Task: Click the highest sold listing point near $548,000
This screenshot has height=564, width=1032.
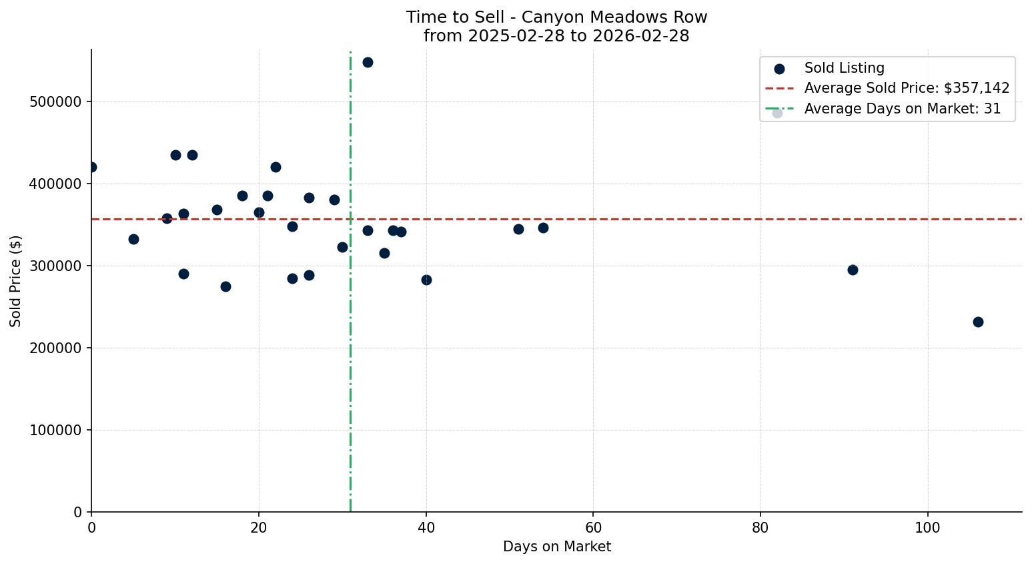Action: pyautogui.click(x=368, y=63)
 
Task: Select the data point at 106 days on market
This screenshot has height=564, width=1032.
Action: pyautogui.click(x=978, y=322)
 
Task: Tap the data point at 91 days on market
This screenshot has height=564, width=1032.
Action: pyautogui.click(x=853, y=270)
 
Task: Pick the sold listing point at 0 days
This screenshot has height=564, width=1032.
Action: pyautogui.click(x=91, y=167)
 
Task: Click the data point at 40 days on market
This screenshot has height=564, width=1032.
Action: pyautogui.click(x=426, y=280)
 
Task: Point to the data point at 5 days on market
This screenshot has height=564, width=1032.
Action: pyautogui.click(x=133, y=239)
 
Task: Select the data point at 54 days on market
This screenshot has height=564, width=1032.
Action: pyautogui.click(x=543, y=228)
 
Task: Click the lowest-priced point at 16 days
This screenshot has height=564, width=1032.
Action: pyautogui.click(x=225, y=286)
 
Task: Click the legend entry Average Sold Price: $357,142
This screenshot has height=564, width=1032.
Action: pyautogui.click(x=907, y=88)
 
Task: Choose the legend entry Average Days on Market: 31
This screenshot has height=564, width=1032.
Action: pyautogui.click(x=902, y=109)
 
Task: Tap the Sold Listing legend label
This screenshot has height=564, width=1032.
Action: pyautogui.click(x=844, y=68)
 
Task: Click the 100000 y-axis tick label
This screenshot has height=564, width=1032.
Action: pyautogui.click(x=55, y=431)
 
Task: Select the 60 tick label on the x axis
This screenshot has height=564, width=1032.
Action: pyautogui.click(x=593, y=528)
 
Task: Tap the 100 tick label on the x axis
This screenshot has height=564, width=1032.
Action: pyautogui.click(x=927, y=528)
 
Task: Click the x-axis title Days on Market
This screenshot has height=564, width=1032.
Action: pyautogui.click(x=556, y=547)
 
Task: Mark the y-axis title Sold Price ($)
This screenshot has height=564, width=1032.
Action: pyautogui.click(x=16, y=281)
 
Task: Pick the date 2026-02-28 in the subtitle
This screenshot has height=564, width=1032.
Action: pyautogui.click(x=645, y=36)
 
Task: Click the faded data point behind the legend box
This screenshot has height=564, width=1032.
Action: pyautogui.click(x=777, y=113)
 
